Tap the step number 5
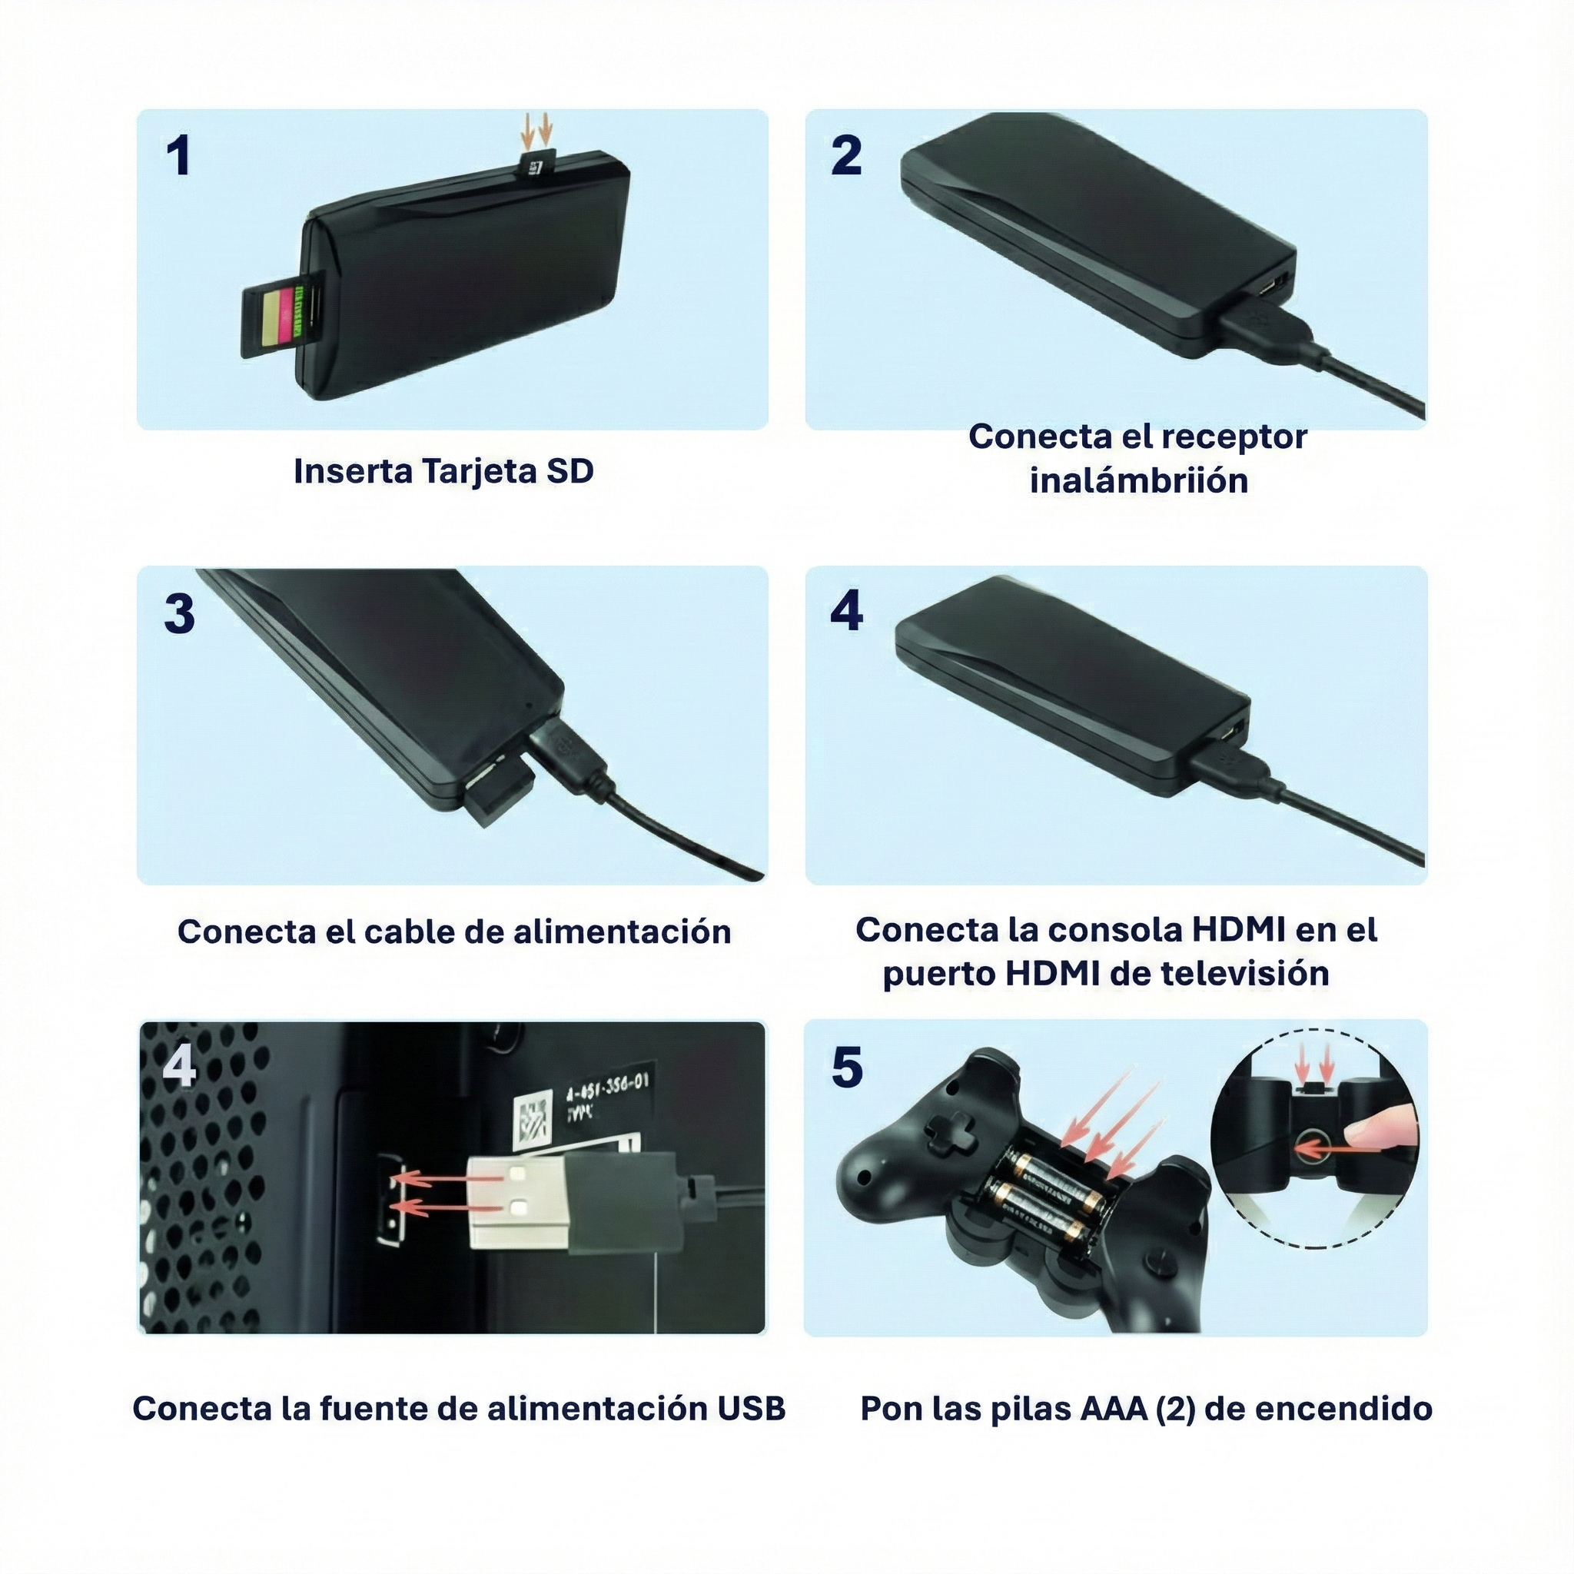[847, 1068]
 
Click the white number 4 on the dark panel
[178, 1068]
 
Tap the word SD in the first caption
[569, 471]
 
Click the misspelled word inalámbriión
[1139, 480]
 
